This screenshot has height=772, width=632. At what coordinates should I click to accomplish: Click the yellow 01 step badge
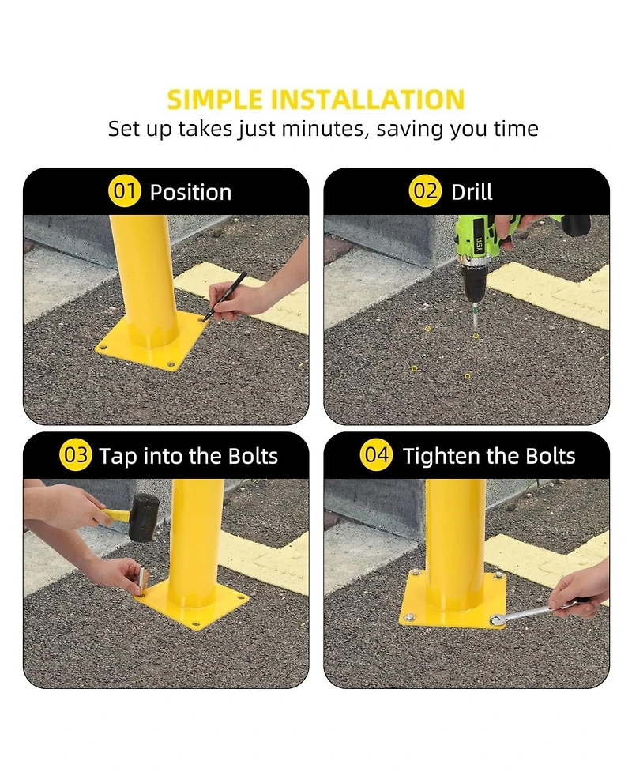[x=124, y=191]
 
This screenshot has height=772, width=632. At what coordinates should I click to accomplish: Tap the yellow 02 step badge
[x=425, y=191]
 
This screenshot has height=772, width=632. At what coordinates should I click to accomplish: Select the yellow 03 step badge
[x=75, y=455]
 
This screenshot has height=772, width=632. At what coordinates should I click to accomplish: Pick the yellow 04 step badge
[x=376, y=455]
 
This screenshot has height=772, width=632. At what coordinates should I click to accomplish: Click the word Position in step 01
[x=190, y=193]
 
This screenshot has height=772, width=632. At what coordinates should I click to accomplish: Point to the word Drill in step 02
[x=472, y=191]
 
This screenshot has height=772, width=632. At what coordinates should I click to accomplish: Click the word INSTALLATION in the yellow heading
[x=368, y=100]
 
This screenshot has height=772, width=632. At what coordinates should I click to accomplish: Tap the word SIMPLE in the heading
[x=215, y=100]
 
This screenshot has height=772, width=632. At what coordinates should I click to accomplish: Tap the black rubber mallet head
[x=145, y=518]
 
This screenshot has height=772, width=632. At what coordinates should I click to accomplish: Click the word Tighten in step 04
[x=448, y=457]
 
